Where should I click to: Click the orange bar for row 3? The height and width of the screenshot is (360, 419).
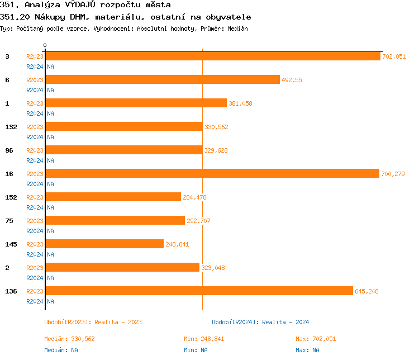(x=212, y=56)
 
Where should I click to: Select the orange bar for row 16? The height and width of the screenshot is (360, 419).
(x=212, y=173)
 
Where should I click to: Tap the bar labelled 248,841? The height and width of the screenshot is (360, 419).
(x=104, y=244)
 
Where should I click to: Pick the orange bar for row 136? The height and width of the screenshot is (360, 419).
(x=199, y=291)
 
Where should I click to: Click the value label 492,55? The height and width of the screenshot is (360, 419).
(x=292, y=80)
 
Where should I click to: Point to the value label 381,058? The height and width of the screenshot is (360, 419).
(x=240, y=103)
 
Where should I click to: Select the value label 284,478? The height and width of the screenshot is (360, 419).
(x=194, y=197)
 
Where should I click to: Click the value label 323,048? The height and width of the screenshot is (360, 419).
(x=213, y=268)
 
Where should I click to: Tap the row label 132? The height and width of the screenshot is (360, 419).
(x=11, y=127)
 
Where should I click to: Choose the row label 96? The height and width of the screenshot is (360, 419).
(x=9, y=150)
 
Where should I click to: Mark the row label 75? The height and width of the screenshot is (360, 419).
(x=9, y=221)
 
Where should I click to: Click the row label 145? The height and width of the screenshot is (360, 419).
(x=11, y=244)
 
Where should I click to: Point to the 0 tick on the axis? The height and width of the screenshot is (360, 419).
(x=45, y=45)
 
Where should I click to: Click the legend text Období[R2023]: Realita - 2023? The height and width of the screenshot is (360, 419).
(x=93, y=322)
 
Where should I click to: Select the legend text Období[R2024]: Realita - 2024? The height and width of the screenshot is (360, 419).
(x=260, y=322)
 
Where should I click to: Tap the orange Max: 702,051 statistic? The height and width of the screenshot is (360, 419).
(x=316, y=339)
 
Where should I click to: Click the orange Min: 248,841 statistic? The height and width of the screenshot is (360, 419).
(x=204, y=339)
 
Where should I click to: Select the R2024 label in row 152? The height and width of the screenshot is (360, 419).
(x=35, y=207)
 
